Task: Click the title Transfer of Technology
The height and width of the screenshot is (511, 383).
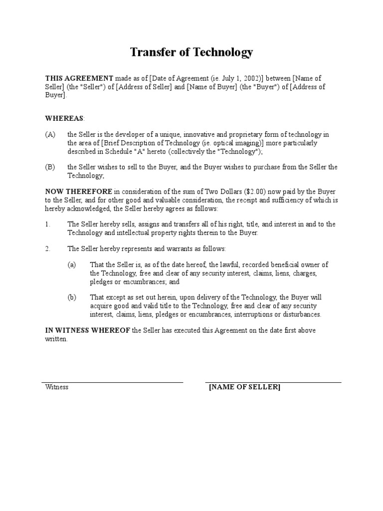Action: tap(191, 52)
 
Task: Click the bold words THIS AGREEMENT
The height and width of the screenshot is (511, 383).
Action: tap(79, 78)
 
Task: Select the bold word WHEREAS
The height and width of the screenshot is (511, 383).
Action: tap(65, 118)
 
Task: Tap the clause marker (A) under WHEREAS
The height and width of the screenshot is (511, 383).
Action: tap(50, 135)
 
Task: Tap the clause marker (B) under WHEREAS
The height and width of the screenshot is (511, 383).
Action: tap(50, 168)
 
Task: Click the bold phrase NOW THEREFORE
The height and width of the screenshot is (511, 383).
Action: tap(79, 192)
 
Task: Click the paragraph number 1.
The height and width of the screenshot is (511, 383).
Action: tap(47, 225)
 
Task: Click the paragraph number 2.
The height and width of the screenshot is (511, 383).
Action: tap(47, 249)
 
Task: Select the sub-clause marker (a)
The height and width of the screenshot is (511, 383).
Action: tap(72, 265)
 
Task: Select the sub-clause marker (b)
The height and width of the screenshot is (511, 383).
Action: tap(72, 297)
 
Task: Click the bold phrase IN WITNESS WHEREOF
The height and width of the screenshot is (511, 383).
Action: tap(88, 330)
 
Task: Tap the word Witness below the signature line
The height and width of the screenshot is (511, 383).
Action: tap(56, 387)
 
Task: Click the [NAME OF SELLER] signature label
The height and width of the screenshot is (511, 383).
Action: tap(244, 387)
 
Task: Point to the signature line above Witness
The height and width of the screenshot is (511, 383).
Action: tap(112, 382)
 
